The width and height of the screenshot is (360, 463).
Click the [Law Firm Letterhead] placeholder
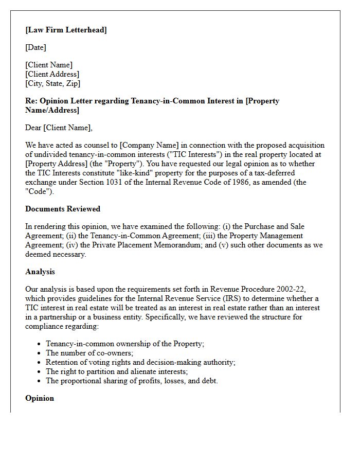(66, 30)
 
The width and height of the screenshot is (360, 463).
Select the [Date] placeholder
(35, 47)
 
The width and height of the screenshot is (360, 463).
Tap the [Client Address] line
(52, 74)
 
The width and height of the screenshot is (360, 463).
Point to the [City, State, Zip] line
(52, 83)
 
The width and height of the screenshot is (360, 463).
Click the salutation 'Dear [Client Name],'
(59, 128)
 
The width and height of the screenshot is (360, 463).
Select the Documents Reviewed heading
(63, 209)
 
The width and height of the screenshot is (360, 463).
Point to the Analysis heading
(40, 272)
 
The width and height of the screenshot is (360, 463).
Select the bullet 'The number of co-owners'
(89, 353)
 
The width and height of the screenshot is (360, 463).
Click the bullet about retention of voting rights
(140, 362)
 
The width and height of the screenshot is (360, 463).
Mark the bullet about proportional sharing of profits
(132, 381)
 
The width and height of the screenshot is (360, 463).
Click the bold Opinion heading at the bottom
(39, 398)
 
